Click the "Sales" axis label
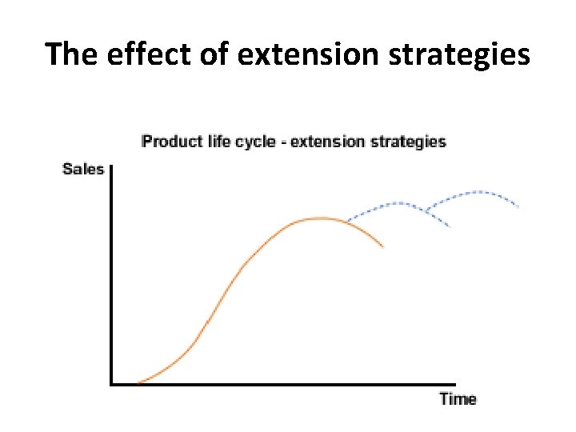click(83, 169)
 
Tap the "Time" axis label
click(458, 398)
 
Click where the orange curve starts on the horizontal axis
click(138, 384)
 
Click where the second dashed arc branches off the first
click(427, 211)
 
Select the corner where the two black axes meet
click(111, 384)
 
